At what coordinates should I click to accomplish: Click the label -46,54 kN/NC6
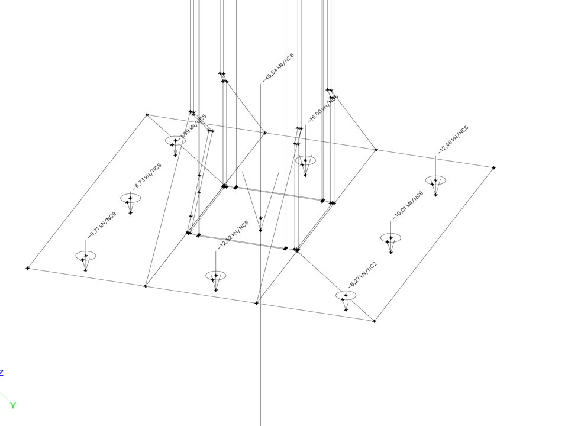[278, 67]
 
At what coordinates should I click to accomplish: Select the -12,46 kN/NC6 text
[453, 140]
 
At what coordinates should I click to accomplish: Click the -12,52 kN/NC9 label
[233, 235]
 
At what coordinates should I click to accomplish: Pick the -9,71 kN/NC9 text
[102, 225]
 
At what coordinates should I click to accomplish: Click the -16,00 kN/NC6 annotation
[323, 108]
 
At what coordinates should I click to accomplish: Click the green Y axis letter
[12, 406]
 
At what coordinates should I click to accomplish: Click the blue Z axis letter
[2, 373]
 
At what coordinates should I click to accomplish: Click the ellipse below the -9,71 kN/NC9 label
[86, 256]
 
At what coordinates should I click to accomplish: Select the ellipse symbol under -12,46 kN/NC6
[435, 180]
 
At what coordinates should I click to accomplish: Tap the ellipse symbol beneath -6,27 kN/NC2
[346, 295]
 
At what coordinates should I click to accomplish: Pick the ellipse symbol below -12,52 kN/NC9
[216, 276]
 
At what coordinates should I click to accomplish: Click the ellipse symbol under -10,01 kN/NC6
[390, 238]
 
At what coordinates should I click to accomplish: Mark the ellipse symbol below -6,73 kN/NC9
[131, 198]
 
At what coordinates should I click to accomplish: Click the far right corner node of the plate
[493, 167]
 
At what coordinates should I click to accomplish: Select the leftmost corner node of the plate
[27, 268]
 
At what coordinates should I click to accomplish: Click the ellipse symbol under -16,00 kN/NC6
[306, 160]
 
